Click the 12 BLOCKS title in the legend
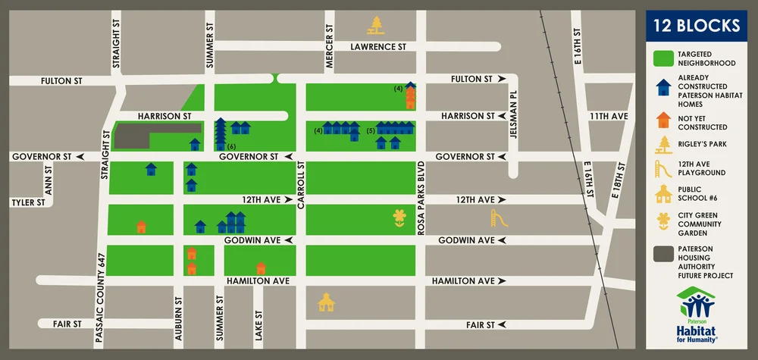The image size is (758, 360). tap(696, 27)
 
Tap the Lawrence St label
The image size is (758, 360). tap(378, 46)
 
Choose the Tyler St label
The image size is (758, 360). tap(27, 202)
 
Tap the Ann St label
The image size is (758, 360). tap(48, 185)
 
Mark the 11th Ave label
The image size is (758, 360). tap(609, 116)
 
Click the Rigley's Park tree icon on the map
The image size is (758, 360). tap(374, 26)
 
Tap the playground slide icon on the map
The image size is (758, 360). tap(498, 218)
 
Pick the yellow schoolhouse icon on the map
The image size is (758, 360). tap(326, 302)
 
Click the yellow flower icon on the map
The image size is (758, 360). tap(399, 218)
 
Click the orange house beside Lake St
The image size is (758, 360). tap(261, 268)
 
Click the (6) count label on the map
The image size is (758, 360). tap(232, 146)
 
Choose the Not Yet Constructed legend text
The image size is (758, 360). tap(703, 122)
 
